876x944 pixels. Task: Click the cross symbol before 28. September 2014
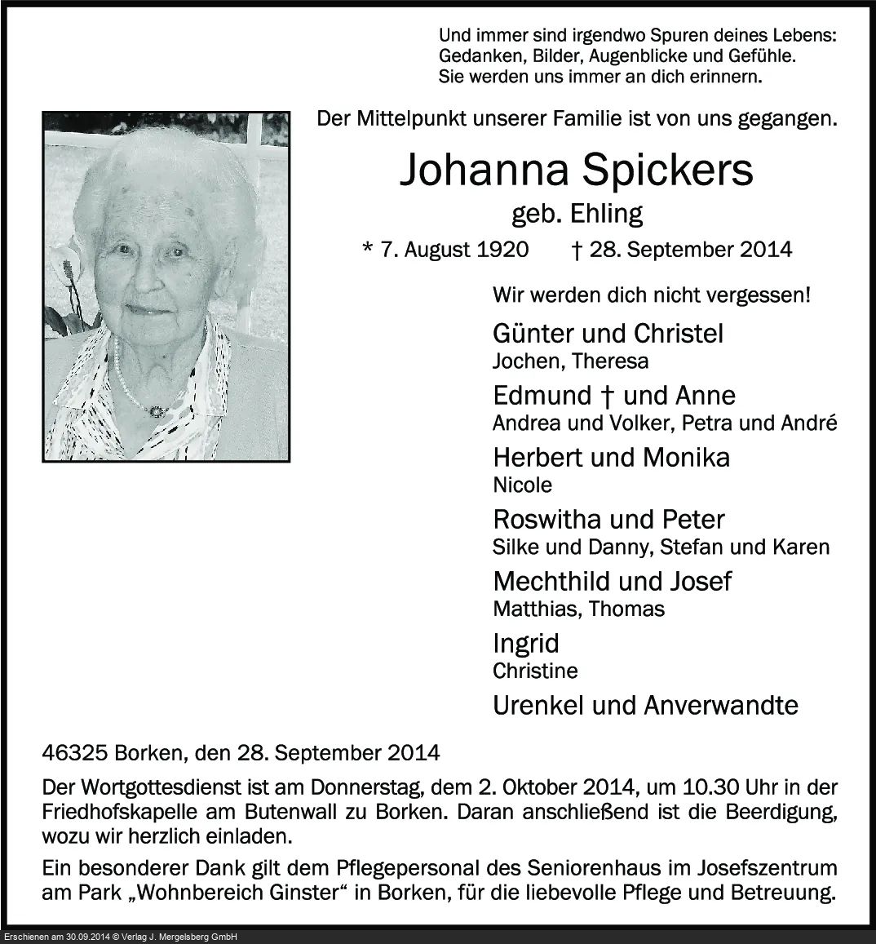click(577, 249)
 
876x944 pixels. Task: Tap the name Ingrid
click(526, 644)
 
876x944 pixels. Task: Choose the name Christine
click(535, 671)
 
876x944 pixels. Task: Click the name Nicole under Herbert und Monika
click(522, 485)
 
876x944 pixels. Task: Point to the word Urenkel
click(538, 705)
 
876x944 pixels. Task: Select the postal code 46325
click(75, 752)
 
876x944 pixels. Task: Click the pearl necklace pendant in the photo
click(156, 411)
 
